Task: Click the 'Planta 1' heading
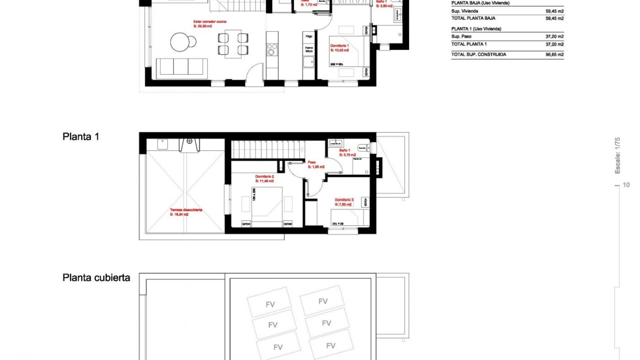tap(81, 137)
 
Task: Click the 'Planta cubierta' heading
tap(96, 278)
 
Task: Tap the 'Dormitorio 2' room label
tap(264, 177)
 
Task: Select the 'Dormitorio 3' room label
tap(344, 200)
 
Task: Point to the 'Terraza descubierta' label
tap(186, 210)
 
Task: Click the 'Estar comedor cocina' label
tap(210, 22)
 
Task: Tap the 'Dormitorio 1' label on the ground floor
tap(339, 46)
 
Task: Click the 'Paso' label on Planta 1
tap(312, 162)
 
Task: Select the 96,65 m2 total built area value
tap(554, 55)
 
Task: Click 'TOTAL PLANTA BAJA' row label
tap(473, 18)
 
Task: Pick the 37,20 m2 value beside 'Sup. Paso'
tap(554, 37)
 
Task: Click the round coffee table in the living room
tap(180, 42)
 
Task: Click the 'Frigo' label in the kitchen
tap(309, 36)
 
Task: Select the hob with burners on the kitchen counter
tap(272, 50)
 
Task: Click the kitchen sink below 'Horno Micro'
tap(308, 62)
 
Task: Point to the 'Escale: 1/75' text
tap(617, 155)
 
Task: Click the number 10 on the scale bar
tap(626, 185)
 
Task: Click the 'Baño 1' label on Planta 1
tap(344, 151)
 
